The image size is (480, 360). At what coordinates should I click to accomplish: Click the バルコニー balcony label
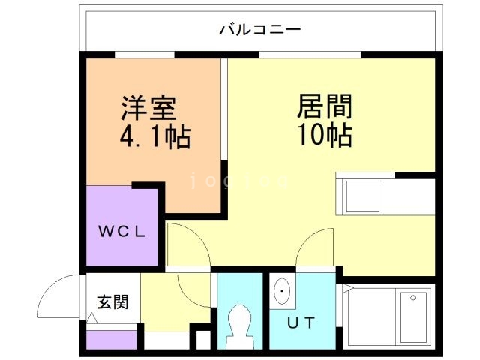259,30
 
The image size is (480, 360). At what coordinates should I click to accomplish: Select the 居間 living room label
325,106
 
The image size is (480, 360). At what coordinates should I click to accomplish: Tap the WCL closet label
122,230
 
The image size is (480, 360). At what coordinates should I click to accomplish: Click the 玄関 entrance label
112,301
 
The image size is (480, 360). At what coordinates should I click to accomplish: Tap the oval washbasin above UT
283,291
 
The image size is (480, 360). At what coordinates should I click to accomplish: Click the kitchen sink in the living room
358,196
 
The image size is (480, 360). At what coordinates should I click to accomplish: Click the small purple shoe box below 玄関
112,339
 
